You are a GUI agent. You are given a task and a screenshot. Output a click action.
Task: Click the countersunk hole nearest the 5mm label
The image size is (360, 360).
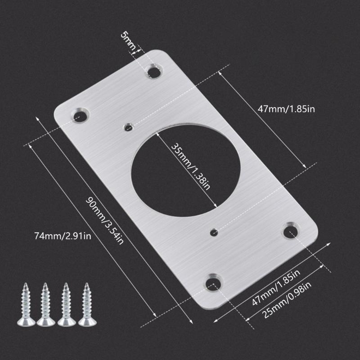[153, 71]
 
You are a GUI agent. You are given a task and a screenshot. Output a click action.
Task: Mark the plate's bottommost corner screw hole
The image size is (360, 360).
[213, 283]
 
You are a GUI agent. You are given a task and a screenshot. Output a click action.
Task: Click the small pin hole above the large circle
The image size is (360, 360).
[128, 127]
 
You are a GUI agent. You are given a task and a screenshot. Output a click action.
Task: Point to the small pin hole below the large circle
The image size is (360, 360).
[214, 233]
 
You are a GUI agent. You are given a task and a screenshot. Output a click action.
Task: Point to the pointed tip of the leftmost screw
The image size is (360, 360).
[25, 284]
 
